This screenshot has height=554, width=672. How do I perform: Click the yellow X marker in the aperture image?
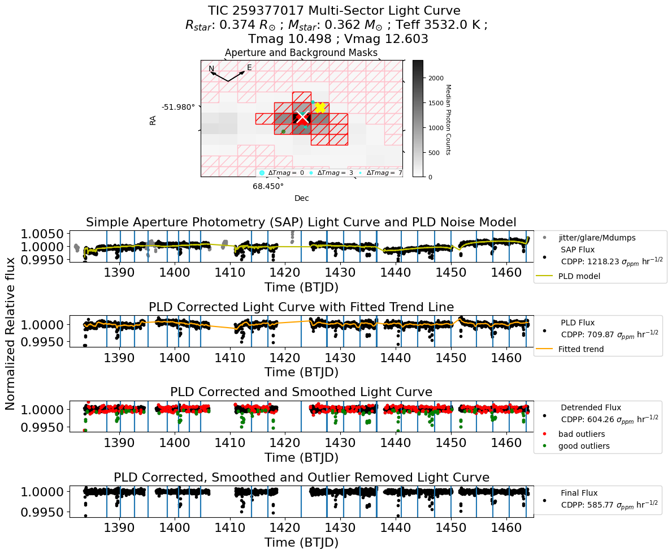click(x=320, y=108)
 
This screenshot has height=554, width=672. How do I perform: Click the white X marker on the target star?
click(x=302, y=117)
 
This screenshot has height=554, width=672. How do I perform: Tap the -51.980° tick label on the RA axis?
click(x=178, y=107)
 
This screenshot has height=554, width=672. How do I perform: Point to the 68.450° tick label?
click(x=268, y=186)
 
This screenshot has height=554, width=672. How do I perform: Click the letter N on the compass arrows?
click(x=211, y=69)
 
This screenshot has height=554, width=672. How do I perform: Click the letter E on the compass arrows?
click(x=249, y=68)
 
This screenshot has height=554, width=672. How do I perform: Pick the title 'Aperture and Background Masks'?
click(x=301, y=53)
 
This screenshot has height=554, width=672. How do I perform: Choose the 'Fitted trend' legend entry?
click(x=580, y=349)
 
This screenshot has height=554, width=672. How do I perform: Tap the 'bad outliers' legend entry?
click(x=582, y=434)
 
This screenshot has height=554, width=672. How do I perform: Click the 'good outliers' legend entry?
click(x=584, y=446)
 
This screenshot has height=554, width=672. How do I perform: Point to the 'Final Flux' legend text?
click(x=579, y=493)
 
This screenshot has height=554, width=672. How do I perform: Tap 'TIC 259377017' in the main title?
click(x=259, y=11)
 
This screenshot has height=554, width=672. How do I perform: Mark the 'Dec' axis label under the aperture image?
click(x=301, y=198)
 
